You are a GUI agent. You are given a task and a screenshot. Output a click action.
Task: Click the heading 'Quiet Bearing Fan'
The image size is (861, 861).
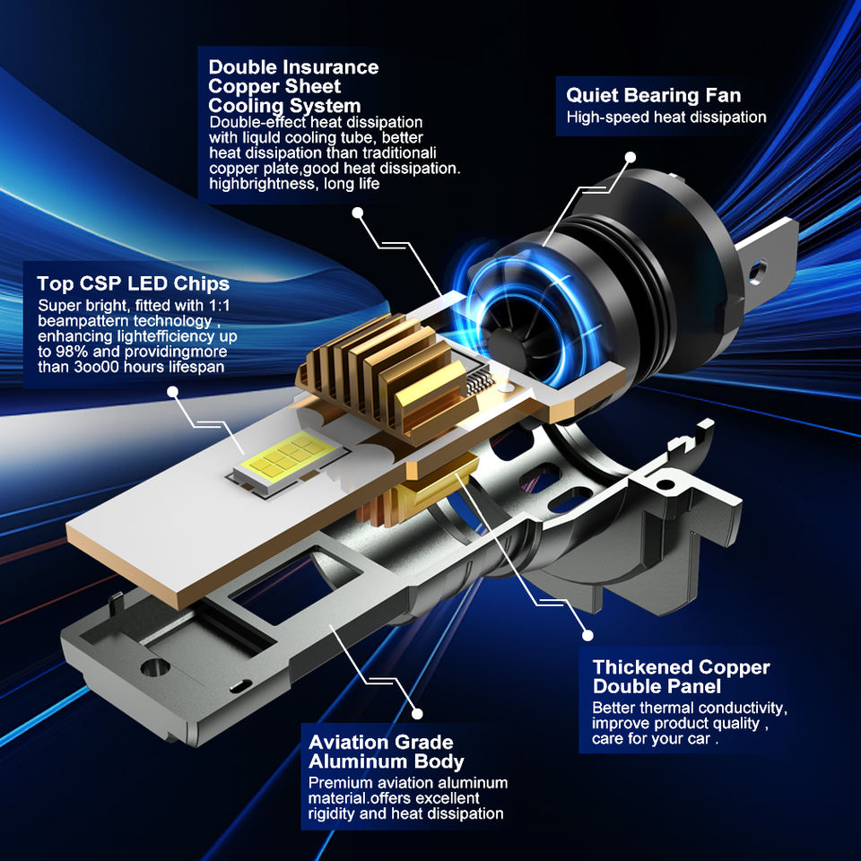click(654, 96)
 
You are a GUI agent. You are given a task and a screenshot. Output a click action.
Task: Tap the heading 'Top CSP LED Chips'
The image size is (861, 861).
click(134, 284)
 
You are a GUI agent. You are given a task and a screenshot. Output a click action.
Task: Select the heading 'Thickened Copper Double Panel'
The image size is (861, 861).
click(681, 676)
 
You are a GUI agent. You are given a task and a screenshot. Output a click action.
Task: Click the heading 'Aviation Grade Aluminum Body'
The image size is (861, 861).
click(386, 752)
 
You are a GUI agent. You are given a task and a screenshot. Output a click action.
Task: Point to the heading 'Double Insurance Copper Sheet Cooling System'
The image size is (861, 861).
click(293, 86)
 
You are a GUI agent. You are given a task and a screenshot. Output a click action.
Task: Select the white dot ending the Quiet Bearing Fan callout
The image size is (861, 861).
click(631, 158)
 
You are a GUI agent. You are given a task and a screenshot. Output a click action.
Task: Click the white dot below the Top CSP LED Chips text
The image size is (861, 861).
click(173, 392)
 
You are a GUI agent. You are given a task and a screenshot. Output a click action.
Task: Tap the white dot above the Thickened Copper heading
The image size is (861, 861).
click(587, 635)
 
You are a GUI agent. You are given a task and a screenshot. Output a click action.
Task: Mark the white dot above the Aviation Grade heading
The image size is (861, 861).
click(417, 713)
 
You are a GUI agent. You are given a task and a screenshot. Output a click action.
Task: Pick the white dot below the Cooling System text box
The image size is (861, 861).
click(358, 213)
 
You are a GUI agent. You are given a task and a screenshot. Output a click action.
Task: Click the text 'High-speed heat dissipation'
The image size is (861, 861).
click(666, 117)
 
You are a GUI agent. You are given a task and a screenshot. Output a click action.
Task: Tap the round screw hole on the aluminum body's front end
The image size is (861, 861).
click(155, 667)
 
